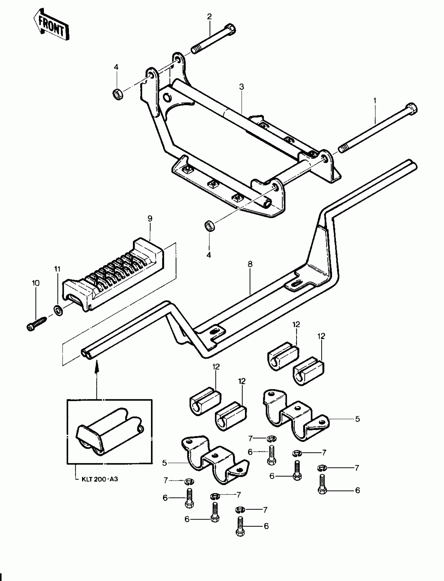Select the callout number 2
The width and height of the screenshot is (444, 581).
tap(209, 17)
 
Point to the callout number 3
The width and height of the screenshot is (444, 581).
tap(242, 87)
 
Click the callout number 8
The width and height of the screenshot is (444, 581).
tap(250, 264)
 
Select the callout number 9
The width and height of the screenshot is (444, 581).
tap(150, 219)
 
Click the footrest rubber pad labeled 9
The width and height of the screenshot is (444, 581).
tap(114, 273)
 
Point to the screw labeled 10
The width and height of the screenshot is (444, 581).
tap(36, 323)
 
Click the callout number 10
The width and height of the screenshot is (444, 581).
tap(36, 283)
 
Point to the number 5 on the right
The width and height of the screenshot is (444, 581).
tap(358, 419)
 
